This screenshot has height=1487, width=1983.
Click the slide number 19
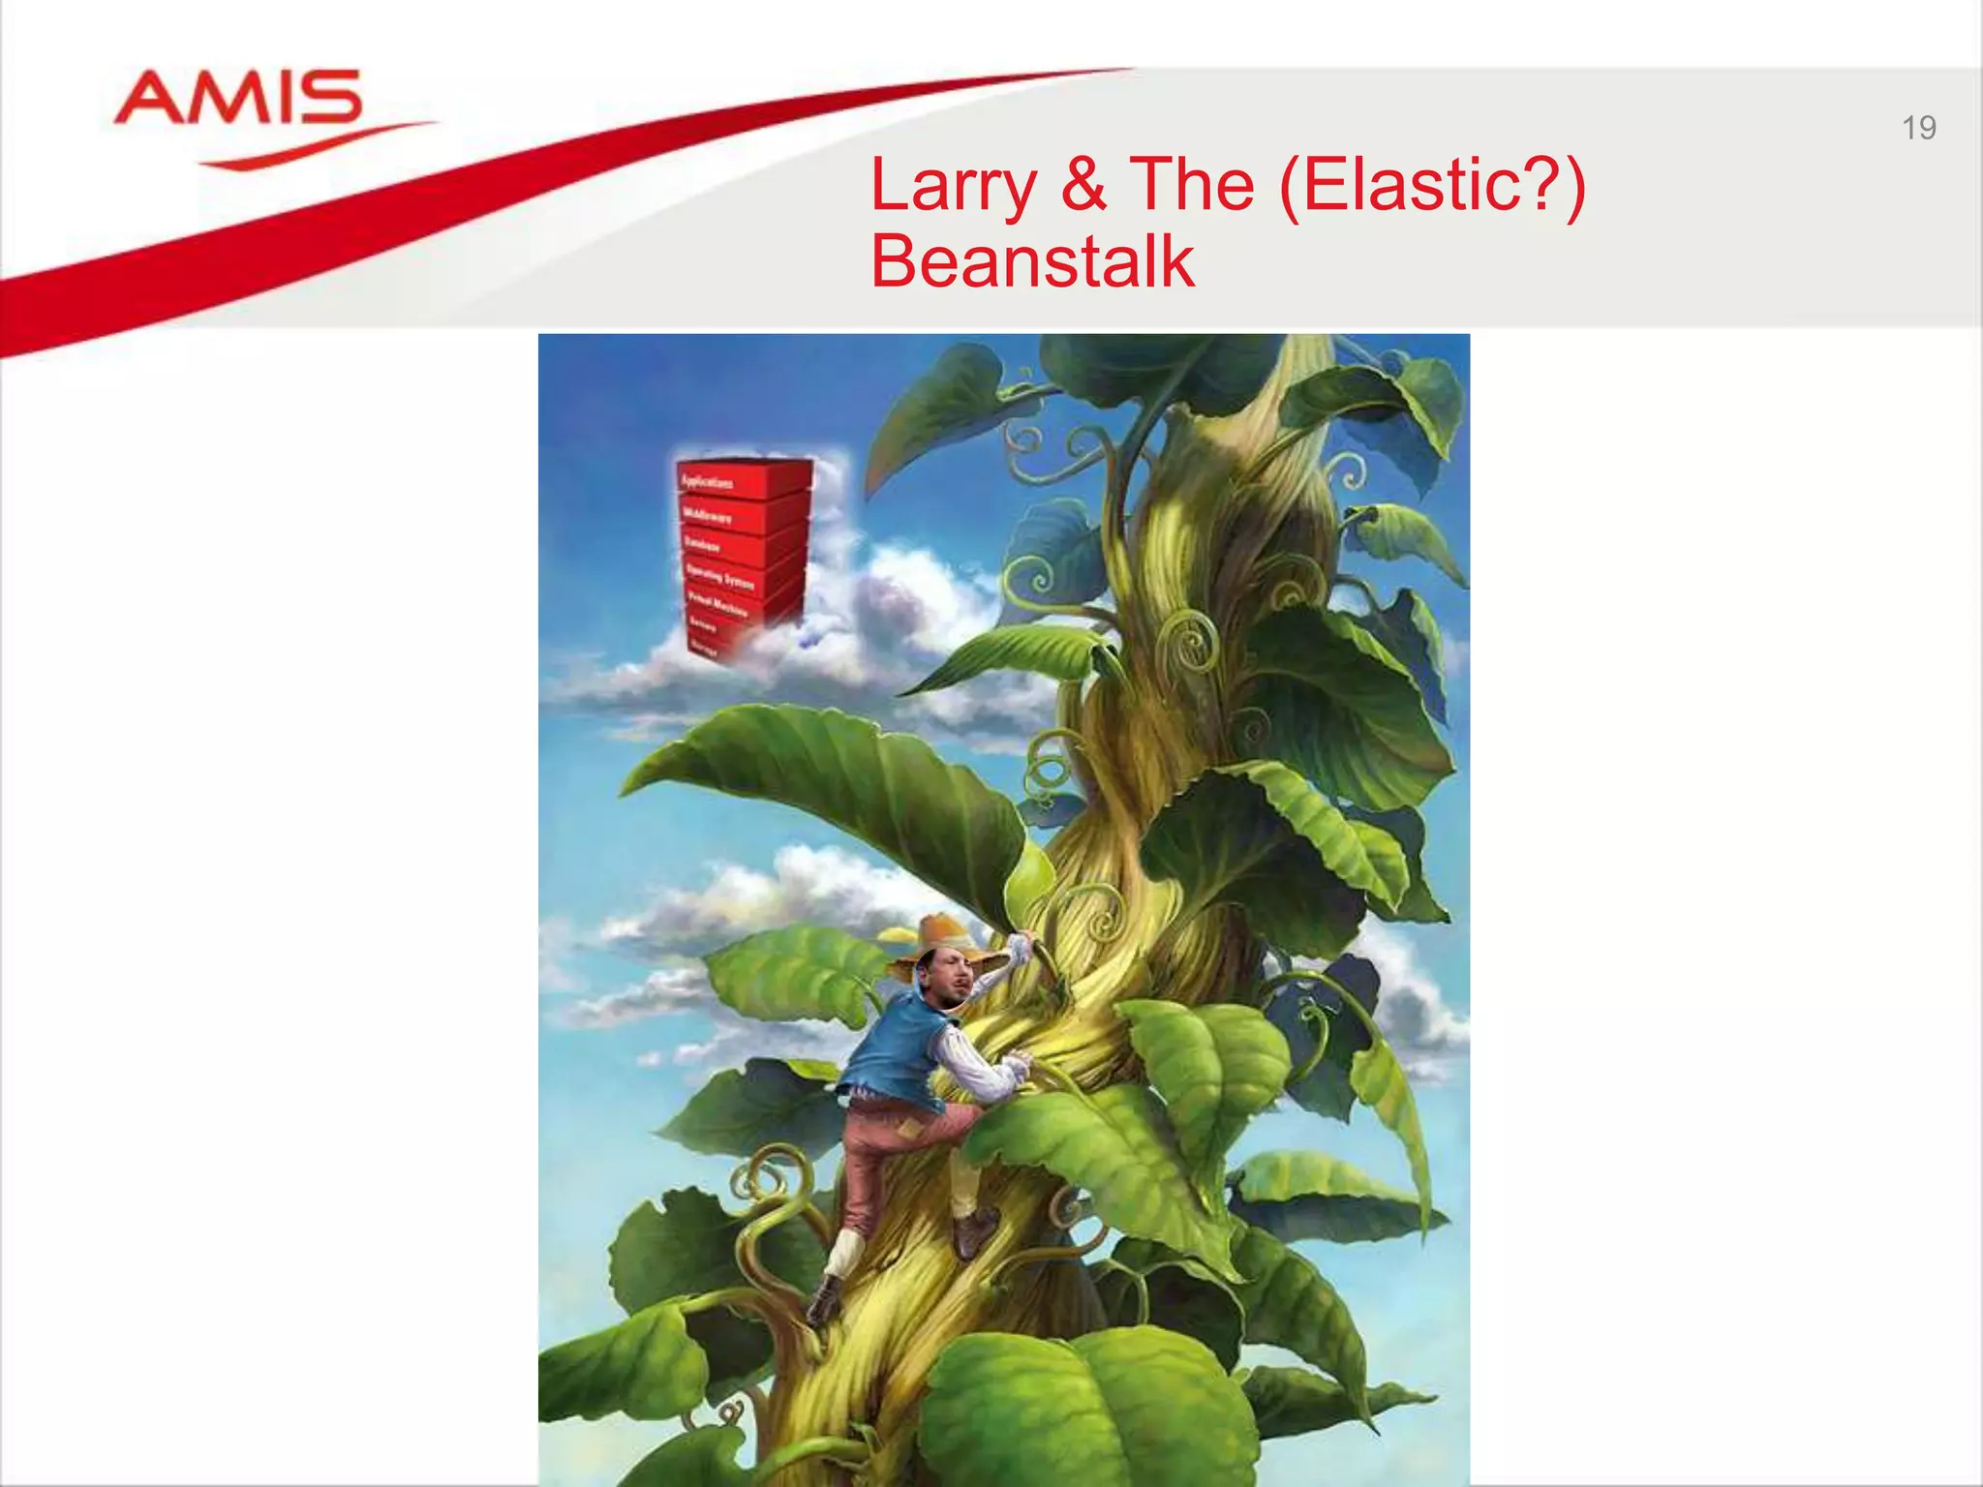pos(1918,128)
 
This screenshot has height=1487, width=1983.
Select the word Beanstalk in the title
pos(1032,261)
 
